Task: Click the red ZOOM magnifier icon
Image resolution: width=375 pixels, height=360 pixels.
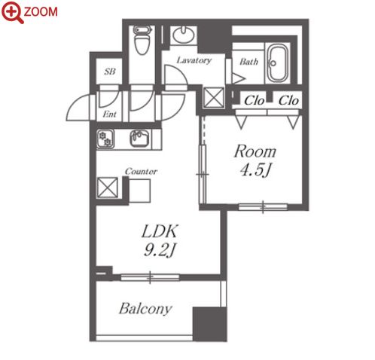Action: (13, 12)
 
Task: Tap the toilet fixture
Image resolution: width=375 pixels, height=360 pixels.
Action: (142, 40)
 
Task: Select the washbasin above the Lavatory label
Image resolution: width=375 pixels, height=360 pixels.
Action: (183, 35)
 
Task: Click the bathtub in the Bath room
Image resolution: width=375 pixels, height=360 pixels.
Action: (277, 63)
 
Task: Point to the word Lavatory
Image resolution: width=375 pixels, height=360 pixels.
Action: (194, 60)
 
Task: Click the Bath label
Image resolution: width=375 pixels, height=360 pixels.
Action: (248, 62)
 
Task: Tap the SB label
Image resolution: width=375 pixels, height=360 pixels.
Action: (110, 72)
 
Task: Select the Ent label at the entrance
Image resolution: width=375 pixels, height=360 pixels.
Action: (110, 114)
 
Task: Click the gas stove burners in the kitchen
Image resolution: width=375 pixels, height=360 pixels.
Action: (105, 139)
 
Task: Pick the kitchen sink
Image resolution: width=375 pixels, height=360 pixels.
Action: (141, 139)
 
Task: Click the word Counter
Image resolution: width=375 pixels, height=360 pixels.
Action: (141, 172)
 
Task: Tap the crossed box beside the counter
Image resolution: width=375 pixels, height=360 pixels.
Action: (108, 188)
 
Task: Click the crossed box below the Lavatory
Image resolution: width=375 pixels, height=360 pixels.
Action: (214, 98)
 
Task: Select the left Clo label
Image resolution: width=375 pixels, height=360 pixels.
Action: (254, 101)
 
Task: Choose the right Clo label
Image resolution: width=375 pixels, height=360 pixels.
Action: (288, 101)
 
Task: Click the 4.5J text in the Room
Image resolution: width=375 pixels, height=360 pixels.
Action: (255, 170)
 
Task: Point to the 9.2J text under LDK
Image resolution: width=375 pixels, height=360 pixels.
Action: (160, 250)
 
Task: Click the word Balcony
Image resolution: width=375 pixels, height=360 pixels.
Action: (145, 309)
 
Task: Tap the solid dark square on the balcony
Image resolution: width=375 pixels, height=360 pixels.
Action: (210, 324)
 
